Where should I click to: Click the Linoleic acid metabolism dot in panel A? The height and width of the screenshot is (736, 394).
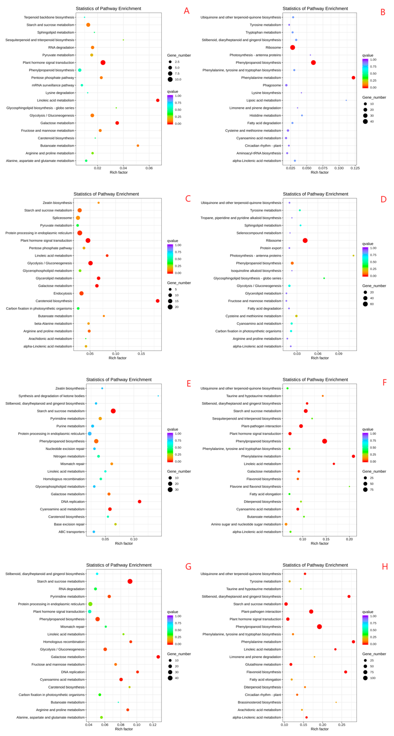pyautogui.click(x=157, y=100)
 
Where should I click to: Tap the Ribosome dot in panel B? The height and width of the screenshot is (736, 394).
pyautogui.click(x=292, y=47)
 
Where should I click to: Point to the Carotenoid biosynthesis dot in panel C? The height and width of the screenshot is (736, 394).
pyautogui.click(x=157, y=301)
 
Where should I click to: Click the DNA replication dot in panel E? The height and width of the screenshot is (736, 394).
pyautogui.click(x=140, y=501)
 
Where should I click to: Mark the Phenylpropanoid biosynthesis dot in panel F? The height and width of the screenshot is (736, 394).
pyautogui.click(x=324, y=441)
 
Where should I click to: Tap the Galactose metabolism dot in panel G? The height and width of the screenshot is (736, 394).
pyautogui.click(x=158, y=657)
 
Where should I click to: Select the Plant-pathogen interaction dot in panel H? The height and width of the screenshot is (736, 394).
pyautogui.click(x=311, y=611)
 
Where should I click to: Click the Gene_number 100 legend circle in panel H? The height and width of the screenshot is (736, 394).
pyautogui.click(x=365, y=678)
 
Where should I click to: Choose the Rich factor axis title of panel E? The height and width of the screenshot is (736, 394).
pyautogui.click(x=124, y=543)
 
